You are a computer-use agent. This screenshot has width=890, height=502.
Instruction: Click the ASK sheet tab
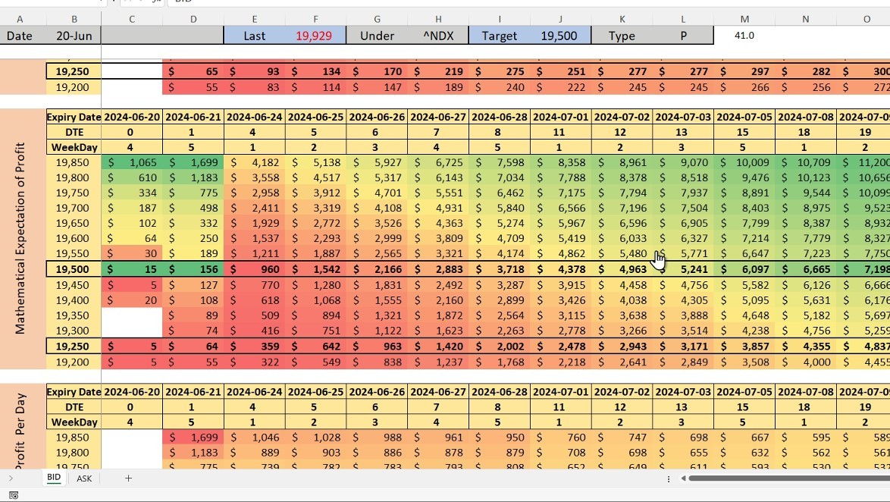[x=84, y=478]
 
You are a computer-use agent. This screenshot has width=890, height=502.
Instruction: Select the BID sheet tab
[x=54, y=478]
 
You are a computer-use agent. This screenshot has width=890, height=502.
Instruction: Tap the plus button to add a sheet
[x=128, y=478]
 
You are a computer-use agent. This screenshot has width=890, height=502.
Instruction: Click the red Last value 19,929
[x=314, y=36]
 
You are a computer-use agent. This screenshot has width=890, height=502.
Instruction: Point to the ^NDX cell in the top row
[x=438, y=36]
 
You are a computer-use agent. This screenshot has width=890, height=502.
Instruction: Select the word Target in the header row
[x=500, y=36]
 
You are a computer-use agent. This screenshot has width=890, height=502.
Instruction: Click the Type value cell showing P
[x=683, y=36]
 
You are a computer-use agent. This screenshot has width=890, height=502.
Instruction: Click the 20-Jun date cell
[x=74, y=36]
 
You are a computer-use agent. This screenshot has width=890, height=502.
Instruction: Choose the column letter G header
[x=378, y=19]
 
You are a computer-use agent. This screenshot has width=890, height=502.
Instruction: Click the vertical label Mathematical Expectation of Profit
[x=20, y=239]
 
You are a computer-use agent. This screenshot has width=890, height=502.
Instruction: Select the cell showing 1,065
[x=132, y=162]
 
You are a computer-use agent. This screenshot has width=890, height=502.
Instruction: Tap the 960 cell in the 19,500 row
[x=254, y=269]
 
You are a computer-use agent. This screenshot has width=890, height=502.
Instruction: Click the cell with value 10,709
[x=806, y=162]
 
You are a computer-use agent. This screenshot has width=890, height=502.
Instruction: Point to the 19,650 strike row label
[x=74, y=223]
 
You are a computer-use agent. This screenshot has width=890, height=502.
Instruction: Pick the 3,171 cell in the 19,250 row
[x=683, y=347]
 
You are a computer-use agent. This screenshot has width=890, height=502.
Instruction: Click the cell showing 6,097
[x=744, y=269]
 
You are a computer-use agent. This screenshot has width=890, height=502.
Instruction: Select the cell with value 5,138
[x=315, y=162]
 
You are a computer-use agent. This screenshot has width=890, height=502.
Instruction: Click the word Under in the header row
[x=377, y=36]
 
